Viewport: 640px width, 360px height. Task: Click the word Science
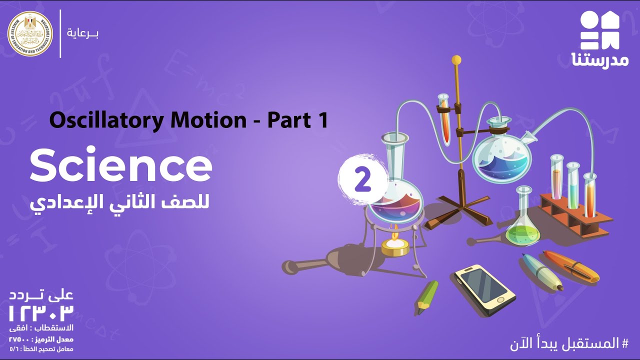120,166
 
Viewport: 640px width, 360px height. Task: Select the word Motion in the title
213,120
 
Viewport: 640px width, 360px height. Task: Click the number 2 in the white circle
363,180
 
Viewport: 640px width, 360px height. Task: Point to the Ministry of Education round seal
30,33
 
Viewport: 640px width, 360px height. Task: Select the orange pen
571,266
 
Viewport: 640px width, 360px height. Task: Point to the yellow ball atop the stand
455,60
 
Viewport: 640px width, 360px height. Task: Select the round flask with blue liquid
501,155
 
